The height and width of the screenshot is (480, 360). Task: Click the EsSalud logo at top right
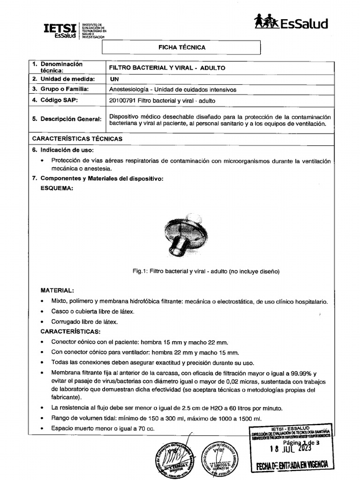click(x=291, y=22)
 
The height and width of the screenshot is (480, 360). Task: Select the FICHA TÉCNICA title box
click(x=180, y=47)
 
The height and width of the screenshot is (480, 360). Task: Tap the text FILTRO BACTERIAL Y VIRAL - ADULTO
click(x=167, y=68)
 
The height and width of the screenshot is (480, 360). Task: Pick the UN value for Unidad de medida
click(x=114, y=79)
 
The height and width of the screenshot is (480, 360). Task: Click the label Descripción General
click(x=66, y=119)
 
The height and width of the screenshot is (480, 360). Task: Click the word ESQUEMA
click(x=57, y=188)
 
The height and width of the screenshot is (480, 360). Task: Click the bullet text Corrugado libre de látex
click(x=84, y=322)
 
